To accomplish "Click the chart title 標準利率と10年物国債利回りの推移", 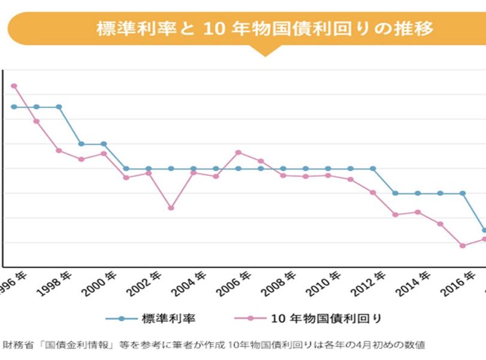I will click(264, 28).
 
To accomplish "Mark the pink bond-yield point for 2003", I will click(171, 208).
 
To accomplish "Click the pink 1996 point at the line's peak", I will click(14, 86).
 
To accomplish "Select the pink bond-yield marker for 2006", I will click(238, 152).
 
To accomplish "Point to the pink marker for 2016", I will click(463, 245).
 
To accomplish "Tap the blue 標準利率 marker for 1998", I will click(59, 107).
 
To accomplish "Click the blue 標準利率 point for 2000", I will click(104, 144).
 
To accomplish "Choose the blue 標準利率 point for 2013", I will click(395, 193).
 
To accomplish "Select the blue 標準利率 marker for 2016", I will click(463, 193).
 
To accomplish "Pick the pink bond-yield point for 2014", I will click(418, 212).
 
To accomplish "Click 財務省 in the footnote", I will click(16, 346).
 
